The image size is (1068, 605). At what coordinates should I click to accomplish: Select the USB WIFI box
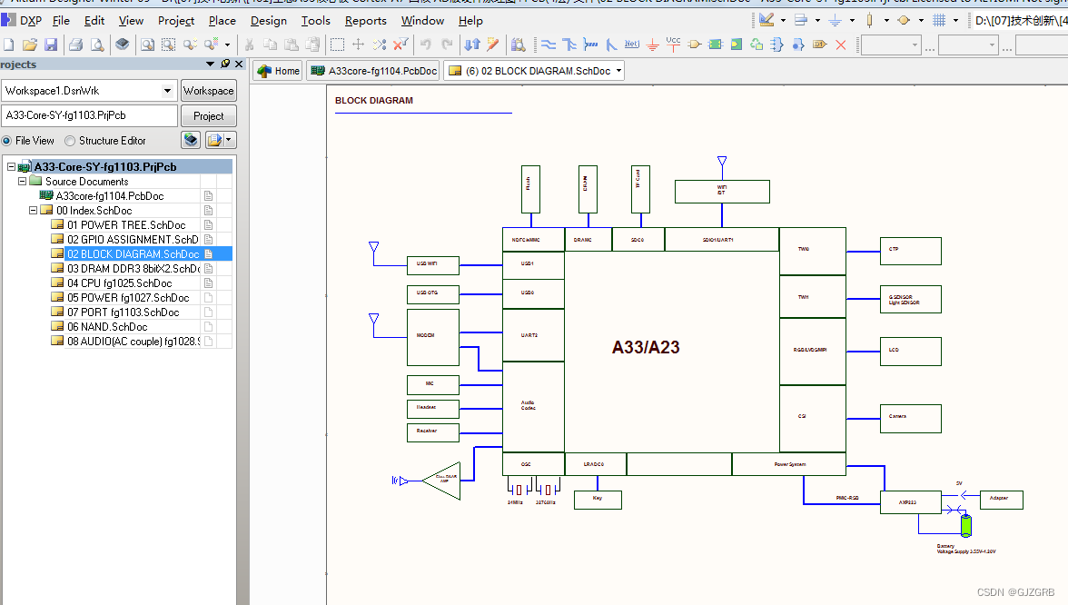tap(433, 264)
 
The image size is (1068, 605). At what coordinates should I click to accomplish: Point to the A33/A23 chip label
tap(646, 347)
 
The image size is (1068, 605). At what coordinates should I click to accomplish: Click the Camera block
tap(910, 418)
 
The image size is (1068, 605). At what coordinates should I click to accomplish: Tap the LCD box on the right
tap(910, 351)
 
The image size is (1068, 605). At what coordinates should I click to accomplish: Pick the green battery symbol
tap(966, 525)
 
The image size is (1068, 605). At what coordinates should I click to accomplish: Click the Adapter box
tap(998, 499)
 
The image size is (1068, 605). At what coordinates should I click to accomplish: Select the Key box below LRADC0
tap(598, 499)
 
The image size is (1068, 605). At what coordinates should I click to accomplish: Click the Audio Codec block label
tap(528, 405)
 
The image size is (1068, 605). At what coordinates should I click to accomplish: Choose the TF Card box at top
tap(640, 189)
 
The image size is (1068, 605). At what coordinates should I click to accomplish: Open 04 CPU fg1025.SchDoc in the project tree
tap(128, 283)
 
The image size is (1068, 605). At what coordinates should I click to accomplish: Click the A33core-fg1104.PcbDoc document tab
tap(373, 71)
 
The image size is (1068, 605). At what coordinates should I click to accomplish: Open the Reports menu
tap(365, 21)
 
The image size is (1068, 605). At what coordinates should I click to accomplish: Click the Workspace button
tap(208, 91)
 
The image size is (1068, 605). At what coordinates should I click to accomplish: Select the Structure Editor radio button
tap(70, 141)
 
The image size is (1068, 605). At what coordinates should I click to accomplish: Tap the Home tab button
tap(278, 71)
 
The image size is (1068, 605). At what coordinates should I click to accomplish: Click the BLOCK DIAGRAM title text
tap(373, 101)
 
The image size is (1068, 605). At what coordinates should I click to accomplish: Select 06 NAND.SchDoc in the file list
tap(107, 326)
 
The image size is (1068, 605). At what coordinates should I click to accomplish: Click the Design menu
tap(269, 21)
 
